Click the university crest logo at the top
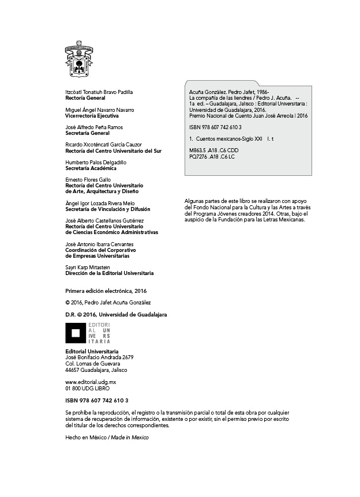click(x=79, y=59)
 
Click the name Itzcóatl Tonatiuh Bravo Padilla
click(x=99, y=92)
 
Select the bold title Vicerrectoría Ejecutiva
click(x=92, y=116)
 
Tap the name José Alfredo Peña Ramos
click(x=94, y=127)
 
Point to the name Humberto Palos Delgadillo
click(x=96, y=163)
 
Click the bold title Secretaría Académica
click(x=90, y=168)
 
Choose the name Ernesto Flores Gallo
click(x=88, y=180)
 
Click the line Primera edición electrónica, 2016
click(x=106, y=291)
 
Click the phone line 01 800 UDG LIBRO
click(x=88, y=389)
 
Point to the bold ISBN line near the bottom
click(x=97, y=400)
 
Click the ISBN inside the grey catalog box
click(x=215, y=127)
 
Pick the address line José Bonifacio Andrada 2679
click(x=100, y=357)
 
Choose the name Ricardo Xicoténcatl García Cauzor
click(x=104, y=145)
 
